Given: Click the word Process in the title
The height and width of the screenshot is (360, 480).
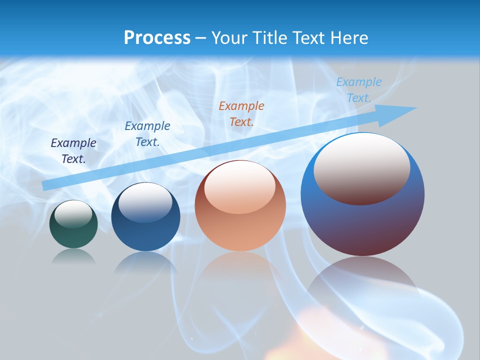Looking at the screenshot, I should [x=157, y=38].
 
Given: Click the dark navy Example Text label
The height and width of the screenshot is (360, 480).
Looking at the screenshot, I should [x=73, y=151].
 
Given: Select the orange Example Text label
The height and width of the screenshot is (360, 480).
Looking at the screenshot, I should [x=241, y=114].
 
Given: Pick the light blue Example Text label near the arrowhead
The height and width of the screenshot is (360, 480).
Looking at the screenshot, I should [x=358, y=90].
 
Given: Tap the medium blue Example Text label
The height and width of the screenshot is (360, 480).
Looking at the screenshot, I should [x=147, y=134].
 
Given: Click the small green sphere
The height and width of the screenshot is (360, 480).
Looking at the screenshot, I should [x=73, y=235].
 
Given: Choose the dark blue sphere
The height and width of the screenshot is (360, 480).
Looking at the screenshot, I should [x=145, y=235].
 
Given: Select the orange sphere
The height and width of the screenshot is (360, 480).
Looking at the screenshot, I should [x=240, y=230].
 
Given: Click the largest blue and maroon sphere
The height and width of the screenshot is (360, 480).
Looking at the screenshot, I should [x=362, y=225].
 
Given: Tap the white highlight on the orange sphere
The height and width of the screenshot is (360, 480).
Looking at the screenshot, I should [x=239, y=190].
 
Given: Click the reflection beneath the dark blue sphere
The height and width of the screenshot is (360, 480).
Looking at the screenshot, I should [x=145, y=262].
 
